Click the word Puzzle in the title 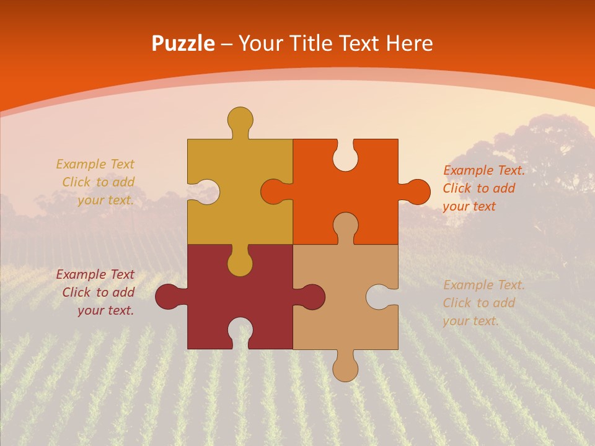(x=183, y=44)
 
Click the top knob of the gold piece (x=240, y=119)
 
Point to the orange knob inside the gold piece (x=273, y=192)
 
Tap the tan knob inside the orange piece (x=345, y=224)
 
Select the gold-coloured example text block (x=96, y=182)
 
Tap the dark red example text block (x=96, y=292)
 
